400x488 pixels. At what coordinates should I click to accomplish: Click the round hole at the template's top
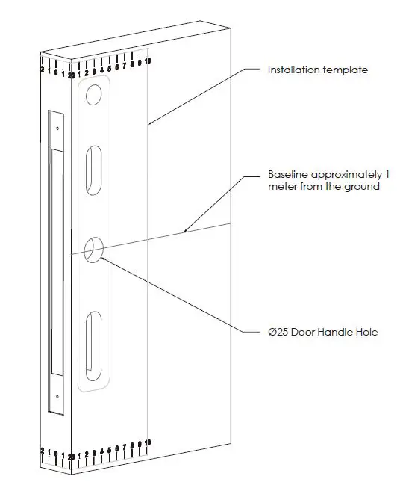94,95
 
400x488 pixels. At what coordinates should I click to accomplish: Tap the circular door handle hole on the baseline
94,250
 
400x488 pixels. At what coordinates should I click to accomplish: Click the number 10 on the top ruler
148,60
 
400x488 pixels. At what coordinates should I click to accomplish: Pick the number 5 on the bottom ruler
110,451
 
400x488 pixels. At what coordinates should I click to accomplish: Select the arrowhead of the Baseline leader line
184,232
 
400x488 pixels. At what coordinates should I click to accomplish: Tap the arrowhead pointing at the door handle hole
101,259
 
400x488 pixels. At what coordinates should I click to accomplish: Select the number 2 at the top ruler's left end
42,70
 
